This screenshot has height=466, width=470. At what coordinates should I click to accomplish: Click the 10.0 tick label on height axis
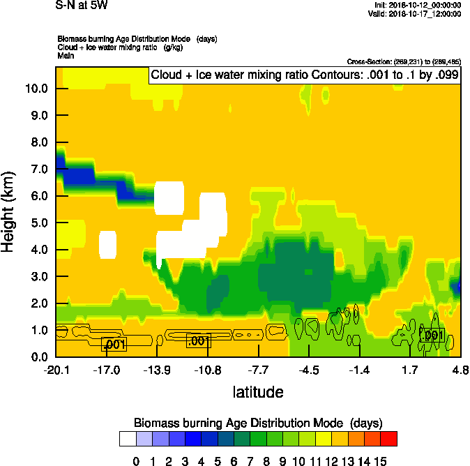(x=36, y=89)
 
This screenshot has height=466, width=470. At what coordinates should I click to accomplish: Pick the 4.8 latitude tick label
(x=460, y=370)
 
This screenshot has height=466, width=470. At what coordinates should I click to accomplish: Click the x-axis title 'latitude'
(x=258, y=392)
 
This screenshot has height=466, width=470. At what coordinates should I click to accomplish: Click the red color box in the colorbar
(x=389, y=439)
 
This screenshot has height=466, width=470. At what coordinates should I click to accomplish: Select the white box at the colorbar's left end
(x=128, y=439)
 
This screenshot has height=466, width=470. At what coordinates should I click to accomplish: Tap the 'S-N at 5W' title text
(x=82, y=5)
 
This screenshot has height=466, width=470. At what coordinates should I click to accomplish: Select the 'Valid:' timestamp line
(x=416, y=13)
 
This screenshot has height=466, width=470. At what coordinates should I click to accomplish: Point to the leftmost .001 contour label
(x=114, y=344)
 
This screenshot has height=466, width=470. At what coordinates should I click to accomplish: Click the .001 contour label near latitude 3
(x=432, y=336)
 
